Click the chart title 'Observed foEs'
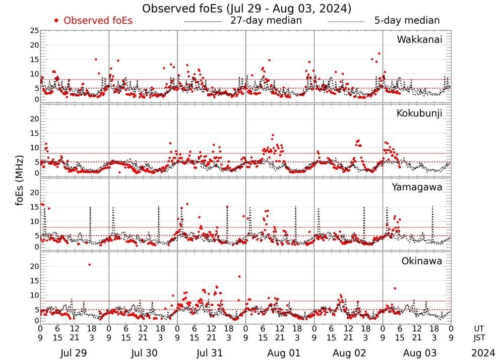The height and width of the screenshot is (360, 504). coord(247,9)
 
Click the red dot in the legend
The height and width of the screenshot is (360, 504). coord(56,21)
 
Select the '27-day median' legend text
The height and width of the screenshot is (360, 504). coord(266,21)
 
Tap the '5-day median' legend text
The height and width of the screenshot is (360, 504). coord(407,21)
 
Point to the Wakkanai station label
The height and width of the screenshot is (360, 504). coord(419,39)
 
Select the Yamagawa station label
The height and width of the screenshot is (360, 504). coord(417,187)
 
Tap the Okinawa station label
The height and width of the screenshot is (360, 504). coord(421,261)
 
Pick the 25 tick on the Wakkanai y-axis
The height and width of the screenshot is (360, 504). coord(34,31)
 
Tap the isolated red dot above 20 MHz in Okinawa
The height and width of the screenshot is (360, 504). coord(89,264)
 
